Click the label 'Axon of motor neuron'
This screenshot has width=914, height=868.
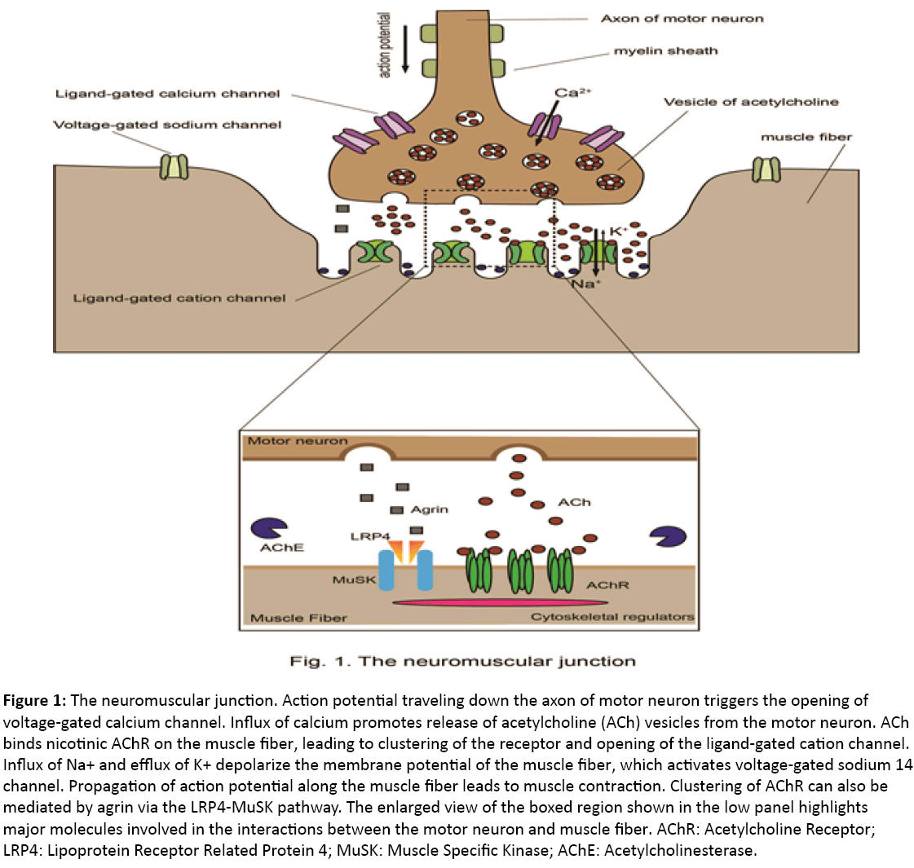pyautogui.click(x=682, y=19)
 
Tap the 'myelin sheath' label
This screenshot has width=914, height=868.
pyautogui.click(x=665, y=51)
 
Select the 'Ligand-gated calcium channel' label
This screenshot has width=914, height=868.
pyautogui.click(x=167, y=95)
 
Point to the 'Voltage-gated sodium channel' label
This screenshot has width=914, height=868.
pyautogui.click(x=167, y=126)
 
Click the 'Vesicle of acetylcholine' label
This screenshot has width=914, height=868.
pyautogui.click(x=750, y=103)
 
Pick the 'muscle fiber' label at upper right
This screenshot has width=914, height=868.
pyautogui.click(x=806, y=137)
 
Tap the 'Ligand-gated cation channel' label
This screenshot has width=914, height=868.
pyautogui.click(x=179, y=298)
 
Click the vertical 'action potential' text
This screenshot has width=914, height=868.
pyautogui.click(x=386, y=45)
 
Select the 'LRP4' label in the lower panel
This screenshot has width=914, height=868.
pyautogui.click(x=369, y=536)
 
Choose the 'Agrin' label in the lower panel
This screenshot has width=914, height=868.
pyautogui.click(x=430, y=509)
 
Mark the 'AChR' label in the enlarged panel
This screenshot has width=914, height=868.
pyautogui.click(x=607, y=585)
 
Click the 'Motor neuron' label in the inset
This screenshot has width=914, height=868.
pyautogui.click(x=297, y=441)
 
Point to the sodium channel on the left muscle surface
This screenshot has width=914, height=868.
pyautogui.click(x=173, y=166)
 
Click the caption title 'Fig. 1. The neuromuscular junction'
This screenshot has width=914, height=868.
pyautogui.click(x=462, y=661)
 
